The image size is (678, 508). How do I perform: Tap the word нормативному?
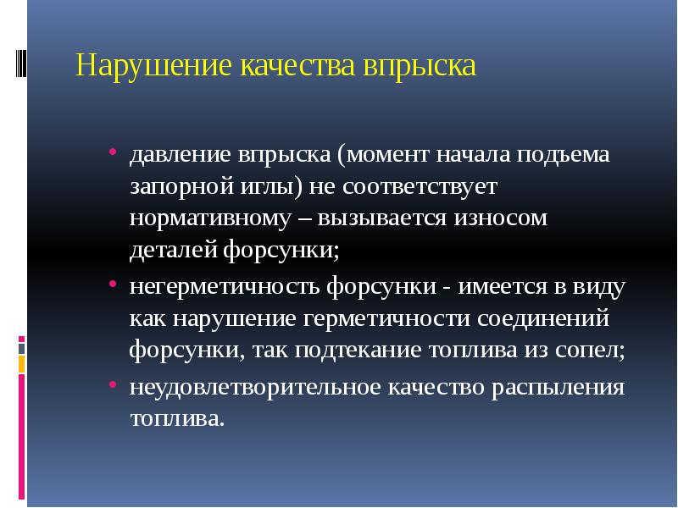204,218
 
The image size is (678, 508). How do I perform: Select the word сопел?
594,350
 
